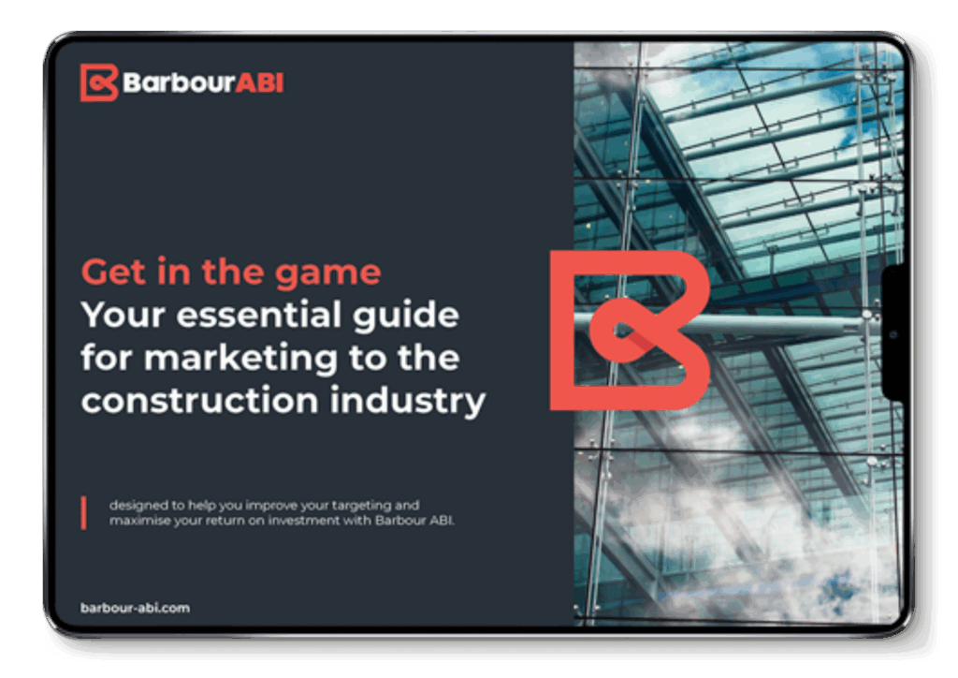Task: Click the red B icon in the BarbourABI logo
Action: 99,82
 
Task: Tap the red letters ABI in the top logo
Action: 260,82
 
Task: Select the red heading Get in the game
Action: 231,273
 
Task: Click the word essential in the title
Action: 258,315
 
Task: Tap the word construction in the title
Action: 200,401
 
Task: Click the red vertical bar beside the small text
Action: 83,512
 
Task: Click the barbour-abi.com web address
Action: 135,608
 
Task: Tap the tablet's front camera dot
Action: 893,334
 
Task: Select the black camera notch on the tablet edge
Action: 893,333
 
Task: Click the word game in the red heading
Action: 327,273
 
